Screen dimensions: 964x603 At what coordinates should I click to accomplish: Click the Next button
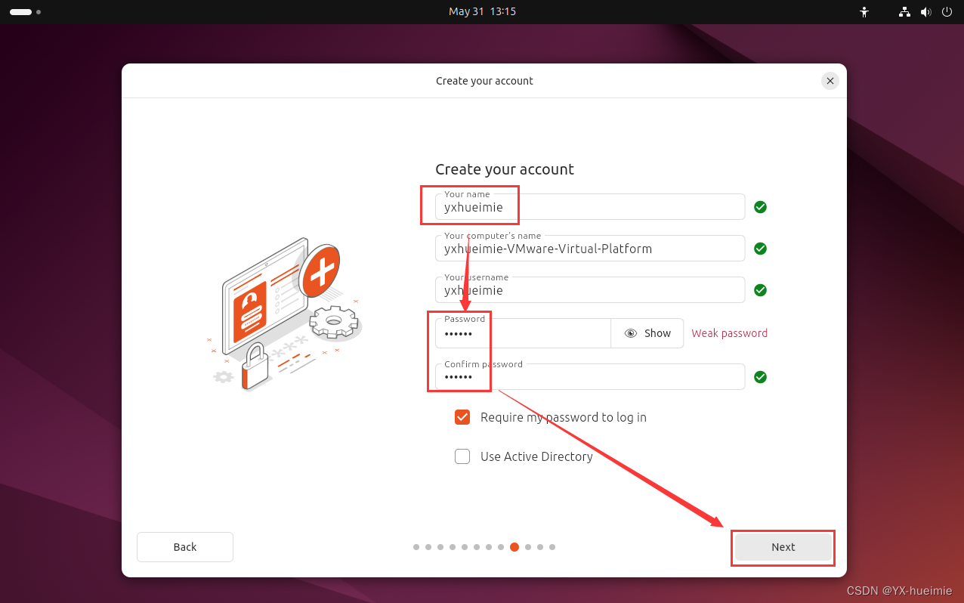(x=783, y=546)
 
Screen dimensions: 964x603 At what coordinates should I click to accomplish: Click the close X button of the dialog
(x=830, y=81)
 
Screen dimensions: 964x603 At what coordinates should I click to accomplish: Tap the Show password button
(x=647, y=333)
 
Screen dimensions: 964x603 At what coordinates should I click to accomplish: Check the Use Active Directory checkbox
(x=462, y=456)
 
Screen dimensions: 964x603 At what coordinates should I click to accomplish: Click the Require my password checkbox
(x=462, y=417)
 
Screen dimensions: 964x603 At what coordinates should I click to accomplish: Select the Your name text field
(x=589, y=207)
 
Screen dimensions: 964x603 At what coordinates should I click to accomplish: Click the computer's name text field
(x=589, y=249)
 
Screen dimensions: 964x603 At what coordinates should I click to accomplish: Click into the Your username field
(x=589, y=290)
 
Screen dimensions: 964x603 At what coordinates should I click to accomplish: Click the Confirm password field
(x=589, y=377)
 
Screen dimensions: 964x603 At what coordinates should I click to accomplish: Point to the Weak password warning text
(x=730, y=333)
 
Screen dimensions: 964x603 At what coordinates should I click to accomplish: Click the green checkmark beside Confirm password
(x=761, y=377)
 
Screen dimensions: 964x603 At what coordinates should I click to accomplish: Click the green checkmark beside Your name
(x=761, y=207)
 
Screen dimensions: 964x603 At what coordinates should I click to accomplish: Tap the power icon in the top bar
(x=947, y=11)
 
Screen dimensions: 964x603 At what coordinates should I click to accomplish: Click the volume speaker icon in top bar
(x=925, y=12)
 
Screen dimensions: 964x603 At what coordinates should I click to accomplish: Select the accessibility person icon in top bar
(x=864, y=12)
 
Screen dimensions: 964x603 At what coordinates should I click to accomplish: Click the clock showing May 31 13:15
(x=482, y=11)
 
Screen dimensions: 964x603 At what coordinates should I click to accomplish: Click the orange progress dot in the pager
(x=514, y=547)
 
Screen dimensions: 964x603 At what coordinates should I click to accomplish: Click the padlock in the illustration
(x=255, y=366)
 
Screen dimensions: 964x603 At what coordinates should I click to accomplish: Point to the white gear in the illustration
(x=334, y=321)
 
